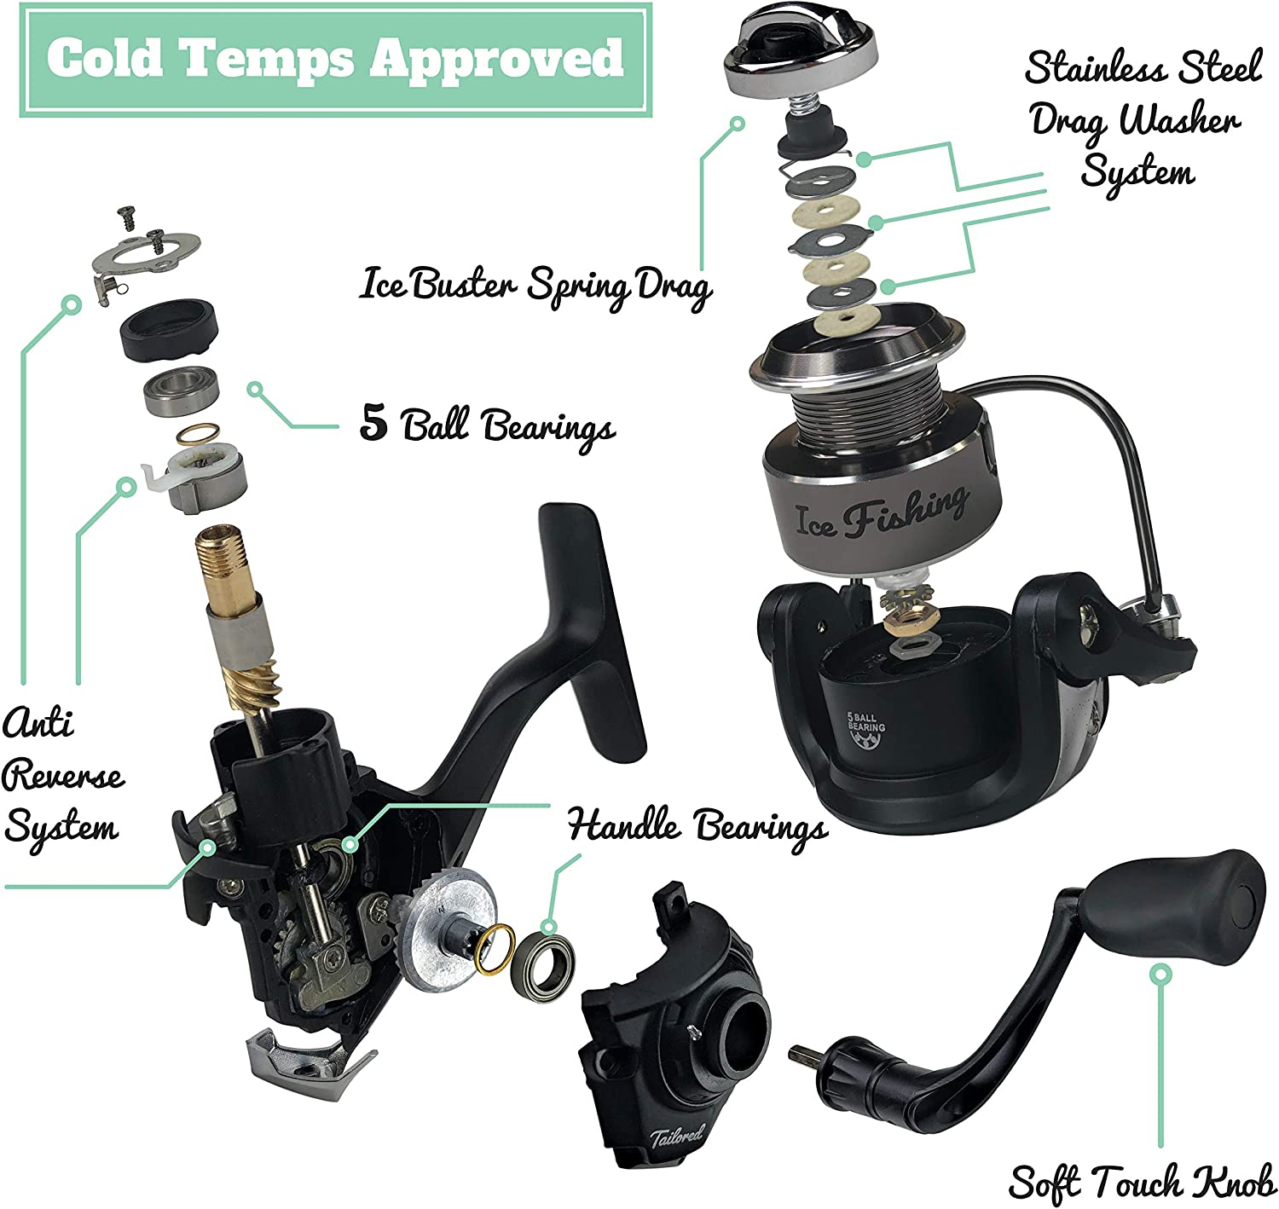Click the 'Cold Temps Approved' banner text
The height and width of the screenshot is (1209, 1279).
coord(335,59)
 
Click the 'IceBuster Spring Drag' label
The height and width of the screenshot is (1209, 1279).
coord(535,286)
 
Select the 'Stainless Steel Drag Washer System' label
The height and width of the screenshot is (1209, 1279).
coord(1143,120)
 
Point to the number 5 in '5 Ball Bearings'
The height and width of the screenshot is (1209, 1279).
coord(374,422)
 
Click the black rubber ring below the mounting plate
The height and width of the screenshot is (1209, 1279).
coord(169,329)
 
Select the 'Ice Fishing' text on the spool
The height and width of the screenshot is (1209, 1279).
coord(882,514)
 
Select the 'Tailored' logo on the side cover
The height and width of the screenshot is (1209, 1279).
coord(676,1136)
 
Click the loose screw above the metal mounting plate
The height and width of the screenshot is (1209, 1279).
coord(128,217)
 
